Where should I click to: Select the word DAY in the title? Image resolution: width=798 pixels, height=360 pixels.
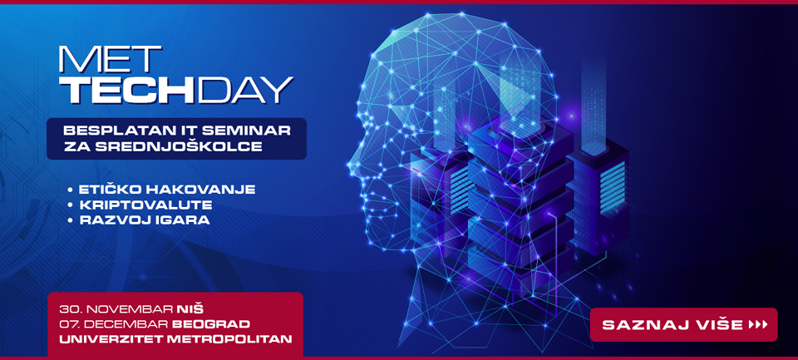pos(246,90)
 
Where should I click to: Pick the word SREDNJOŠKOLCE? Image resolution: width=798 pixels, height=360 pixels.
pos(177,147)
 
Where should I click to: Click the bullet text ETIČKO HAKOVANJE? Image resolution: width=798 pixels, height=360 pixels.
pos(167,190)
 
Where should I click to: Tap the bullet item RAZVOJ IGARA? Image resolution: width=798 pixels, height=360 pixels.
pos(144,221)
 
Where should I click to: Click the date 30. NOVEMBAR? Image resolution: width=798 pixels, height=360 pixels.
pos(116,309)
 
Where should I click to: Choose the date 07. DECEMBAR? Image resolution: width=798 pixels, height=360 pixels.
pos(114,324)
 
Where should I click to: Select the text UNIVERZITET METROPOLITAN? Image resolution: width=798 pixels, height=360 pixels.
pos(175,338)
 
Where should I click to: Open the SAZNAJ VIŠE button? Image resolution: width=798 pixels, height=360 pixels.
pos(683,325)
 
